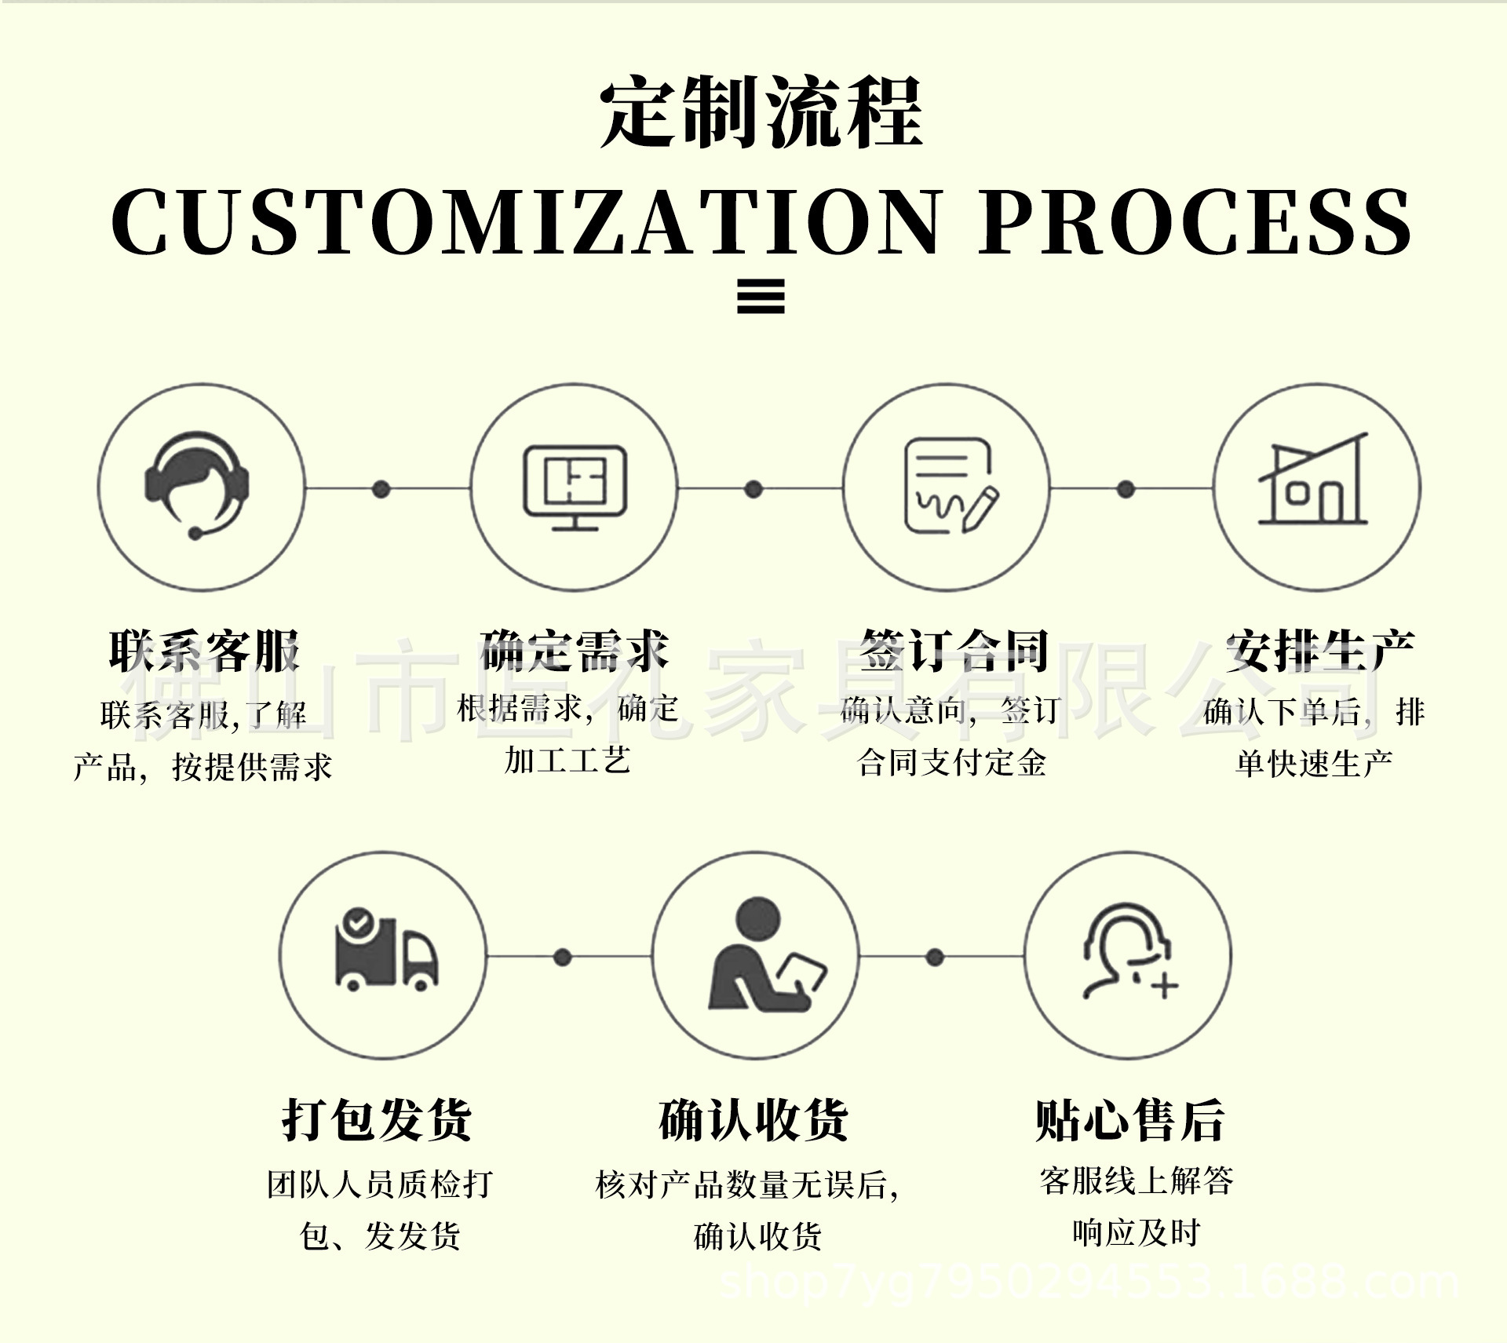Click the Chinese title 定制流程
[x=760, y=111]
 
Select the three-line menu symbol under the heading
[x=761, y=297]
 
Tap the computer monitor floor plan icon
[x=575, y=487]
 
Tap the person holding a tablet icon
[x=763, y=954]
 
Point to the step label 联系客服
[x=204, y=651]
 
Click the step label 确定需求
[x=575, y=651]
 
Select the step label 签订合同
[x=953, y=651]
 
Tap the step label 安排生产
[x=1320, y=651]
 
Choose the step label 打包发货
[x=378, y=1119]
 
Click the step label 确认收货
[x=753, y=1119]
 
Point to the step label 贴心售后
[x=1130, y=1119]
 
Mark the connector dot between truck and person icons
[x=562, y=957]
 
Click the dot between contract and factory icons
[x=1126, y=489]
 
